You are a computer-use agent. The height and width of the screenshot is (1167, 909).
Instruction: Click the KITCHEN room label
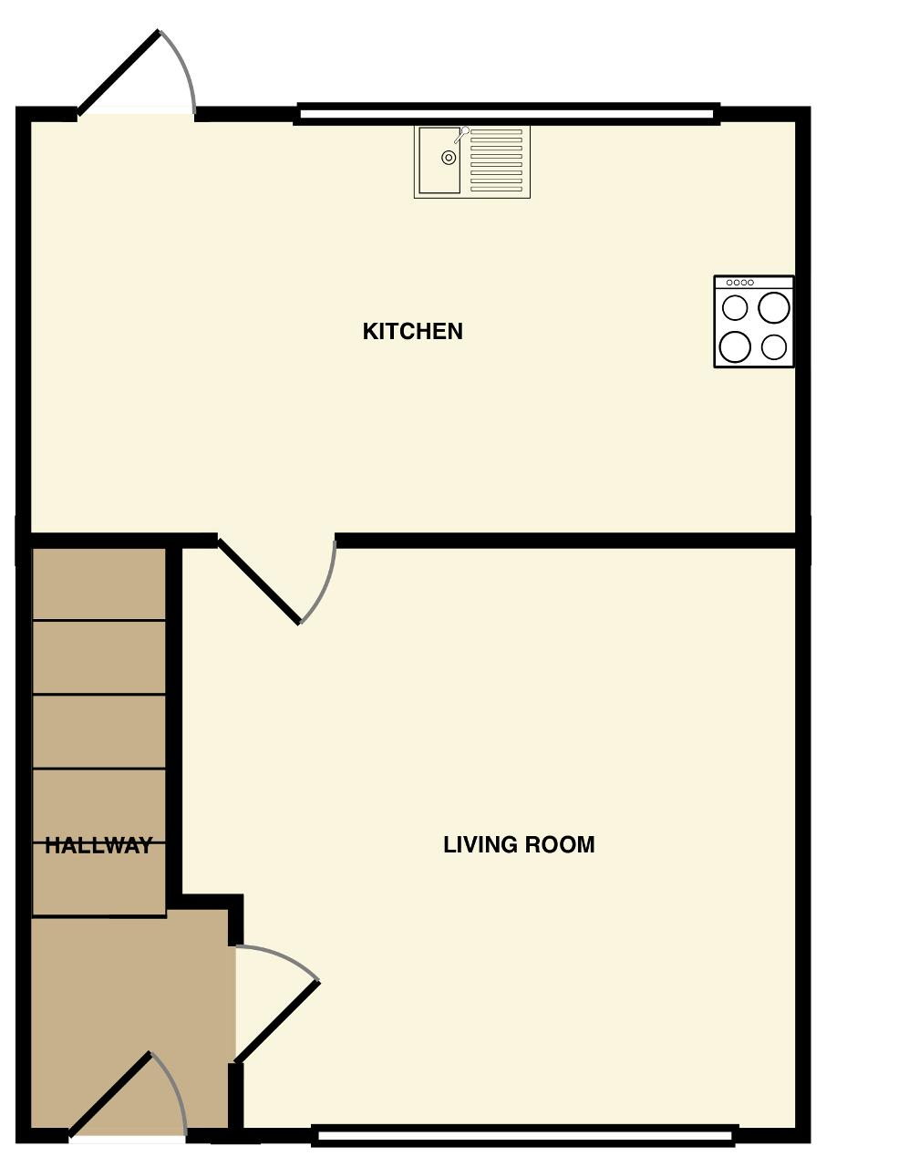click(412, 331)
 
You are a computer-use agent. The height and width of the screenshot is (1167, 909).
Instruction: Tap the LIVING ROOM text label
click(519, 845)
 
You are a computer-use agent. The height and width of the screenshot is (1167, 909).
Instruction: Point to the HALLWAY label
click(98, 846)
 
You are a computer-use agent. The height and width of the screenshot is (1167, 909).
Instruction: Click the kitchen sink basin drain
click(449, 158)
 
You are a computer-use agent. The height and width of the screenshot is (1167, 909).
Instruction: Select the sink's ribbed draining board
click(496, 160)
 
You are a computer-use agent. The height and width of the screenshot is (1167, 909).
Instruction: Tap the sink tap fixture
click(461, 135)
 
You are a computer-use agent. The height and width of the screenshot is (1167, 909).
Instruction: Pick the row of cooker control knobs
click(739, 283)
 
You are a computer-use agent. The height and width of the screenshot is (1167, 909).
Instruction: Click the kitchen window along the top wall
click(507, 114)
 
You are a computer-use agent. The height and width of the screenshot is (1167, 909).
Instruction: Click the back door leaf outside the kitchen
click(119, 73)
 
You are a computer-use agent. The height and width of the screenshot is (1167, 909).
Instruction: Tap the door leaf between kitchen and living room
click(259, 580)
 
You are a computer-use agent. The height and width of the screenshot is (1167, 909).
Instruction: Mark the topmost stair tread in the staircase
click(99, 583)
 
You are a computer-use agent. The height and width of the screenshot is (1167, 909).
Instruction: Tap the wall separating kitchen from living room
click(565, 541)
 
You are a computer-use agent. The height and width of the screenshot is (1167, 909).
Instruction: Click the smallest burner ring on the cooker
click(774, 347)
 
